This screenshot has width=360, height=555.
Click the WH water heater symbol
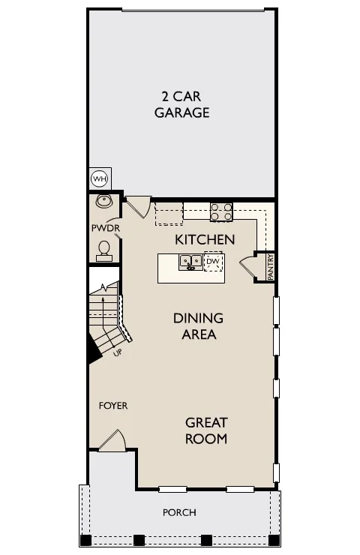coord(100,178)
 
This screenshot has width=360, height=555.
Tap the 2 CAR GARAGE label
coord(182,104)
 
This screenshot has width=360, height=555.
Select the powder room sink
coord(103,201)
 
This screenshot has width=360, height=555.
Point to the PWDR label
coord(106,228)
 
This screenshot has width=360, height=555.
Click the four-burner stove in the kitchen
coord(221,211)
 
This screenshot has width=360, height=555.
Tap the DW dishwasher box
coord(214,262)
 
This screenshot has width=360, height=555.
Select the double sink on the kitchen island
coord(190,262)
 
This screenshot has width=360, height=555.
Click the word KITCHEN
coord(205,240)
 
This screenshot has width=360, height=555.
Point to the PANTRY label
coord(271,267)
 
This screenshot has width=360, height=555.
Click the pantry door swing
coord(247,268)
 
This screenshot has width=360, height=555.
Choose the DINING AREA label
coord(198,326)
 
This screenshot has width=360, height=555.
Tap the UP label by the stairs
coord(118,352)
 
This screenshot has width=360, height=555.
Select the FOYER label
coord(113,405)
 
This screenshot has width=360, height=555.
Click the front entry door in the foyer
coord(112,441)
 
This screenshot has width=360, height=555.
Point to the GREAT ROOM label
coord(206,430)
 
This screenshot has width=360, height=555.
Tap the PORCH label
coord(179,512)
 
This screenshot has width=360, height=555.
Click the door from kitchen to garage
coord(139,207)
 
